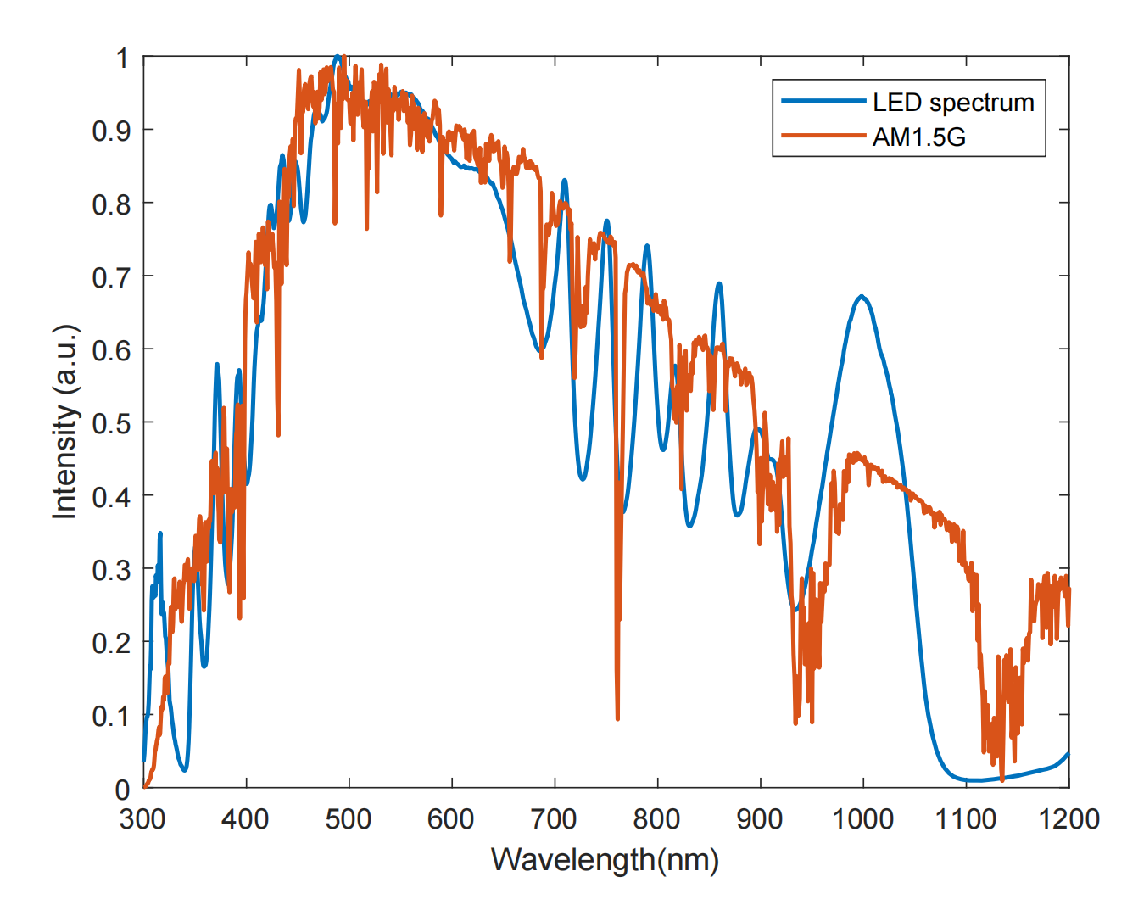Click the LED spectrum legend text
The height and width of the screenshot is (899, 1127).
pos(953,103)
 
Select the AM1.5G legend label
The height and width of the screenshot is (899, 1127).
pos(919,137)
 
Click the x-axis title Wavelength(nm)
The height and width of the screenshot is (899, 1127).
pos(605,860)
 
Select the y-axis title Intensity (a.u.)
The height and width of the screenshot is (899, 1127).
pos(64,422)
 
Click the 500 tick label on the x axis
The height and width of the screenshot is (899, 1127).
pos(349,819)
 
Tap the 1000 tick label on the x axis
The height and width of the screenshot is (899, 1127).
pos(863,819)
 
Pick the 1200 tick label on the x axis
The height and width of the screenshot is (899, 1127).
pos(1068,819)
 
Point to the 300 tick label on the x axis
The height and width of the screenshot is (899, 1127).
pos(143,819)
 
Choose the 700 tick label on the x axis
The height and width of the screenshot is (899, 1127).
pos(555,819)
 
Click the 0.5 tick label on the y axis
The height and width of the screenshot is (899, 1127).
pos(111,423)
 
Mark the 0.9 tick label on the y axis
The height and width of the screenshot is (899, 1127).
pos(111,131)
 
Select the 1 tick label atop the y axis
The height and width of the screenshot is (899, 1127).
pos(122,58)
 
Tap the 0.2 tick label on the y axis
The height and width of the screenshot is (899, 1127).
pos(111,643)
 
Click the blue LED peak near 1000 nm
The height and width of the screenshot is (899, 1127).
pos(862,296)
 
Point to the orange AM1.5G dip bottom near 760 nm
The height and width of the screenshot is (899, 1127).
pos(617,718)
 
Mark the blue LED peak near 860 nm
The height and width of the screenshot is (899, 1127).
pos(719,283)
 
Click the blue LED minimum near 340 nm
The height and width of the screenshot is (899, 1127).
pos(184,769)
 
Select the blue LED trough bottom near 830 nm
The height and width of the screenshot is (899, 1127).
pos(689,526)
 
